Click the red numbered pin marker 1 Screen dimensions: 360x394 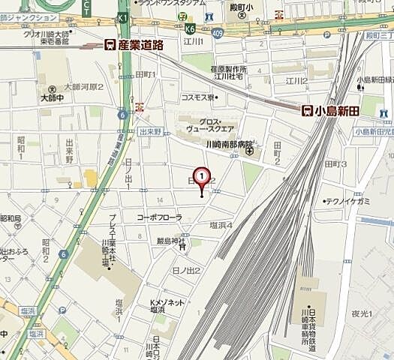tap(201, 176)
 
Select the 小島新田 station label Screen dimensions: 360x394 tap(336, 111)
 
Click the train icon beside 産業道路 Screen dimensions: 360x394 tap(110, 45)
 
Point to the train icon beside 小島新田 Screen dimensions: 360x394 tap(307, 111)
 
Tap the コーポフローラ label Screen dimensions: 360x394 tap(159, 217)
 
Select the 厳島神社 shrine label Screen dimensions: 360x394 tap(170, 241)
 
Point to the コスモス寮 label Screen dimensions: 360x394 tap(197, 97)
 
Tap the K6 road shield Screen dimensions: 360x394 tap(190, 27)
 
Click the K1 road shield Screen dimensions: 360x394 tap(123, 16)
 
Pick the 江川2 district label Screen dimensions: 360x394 tap(296, 80)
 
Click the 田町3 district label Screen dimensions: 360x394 tap(334, 163)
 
